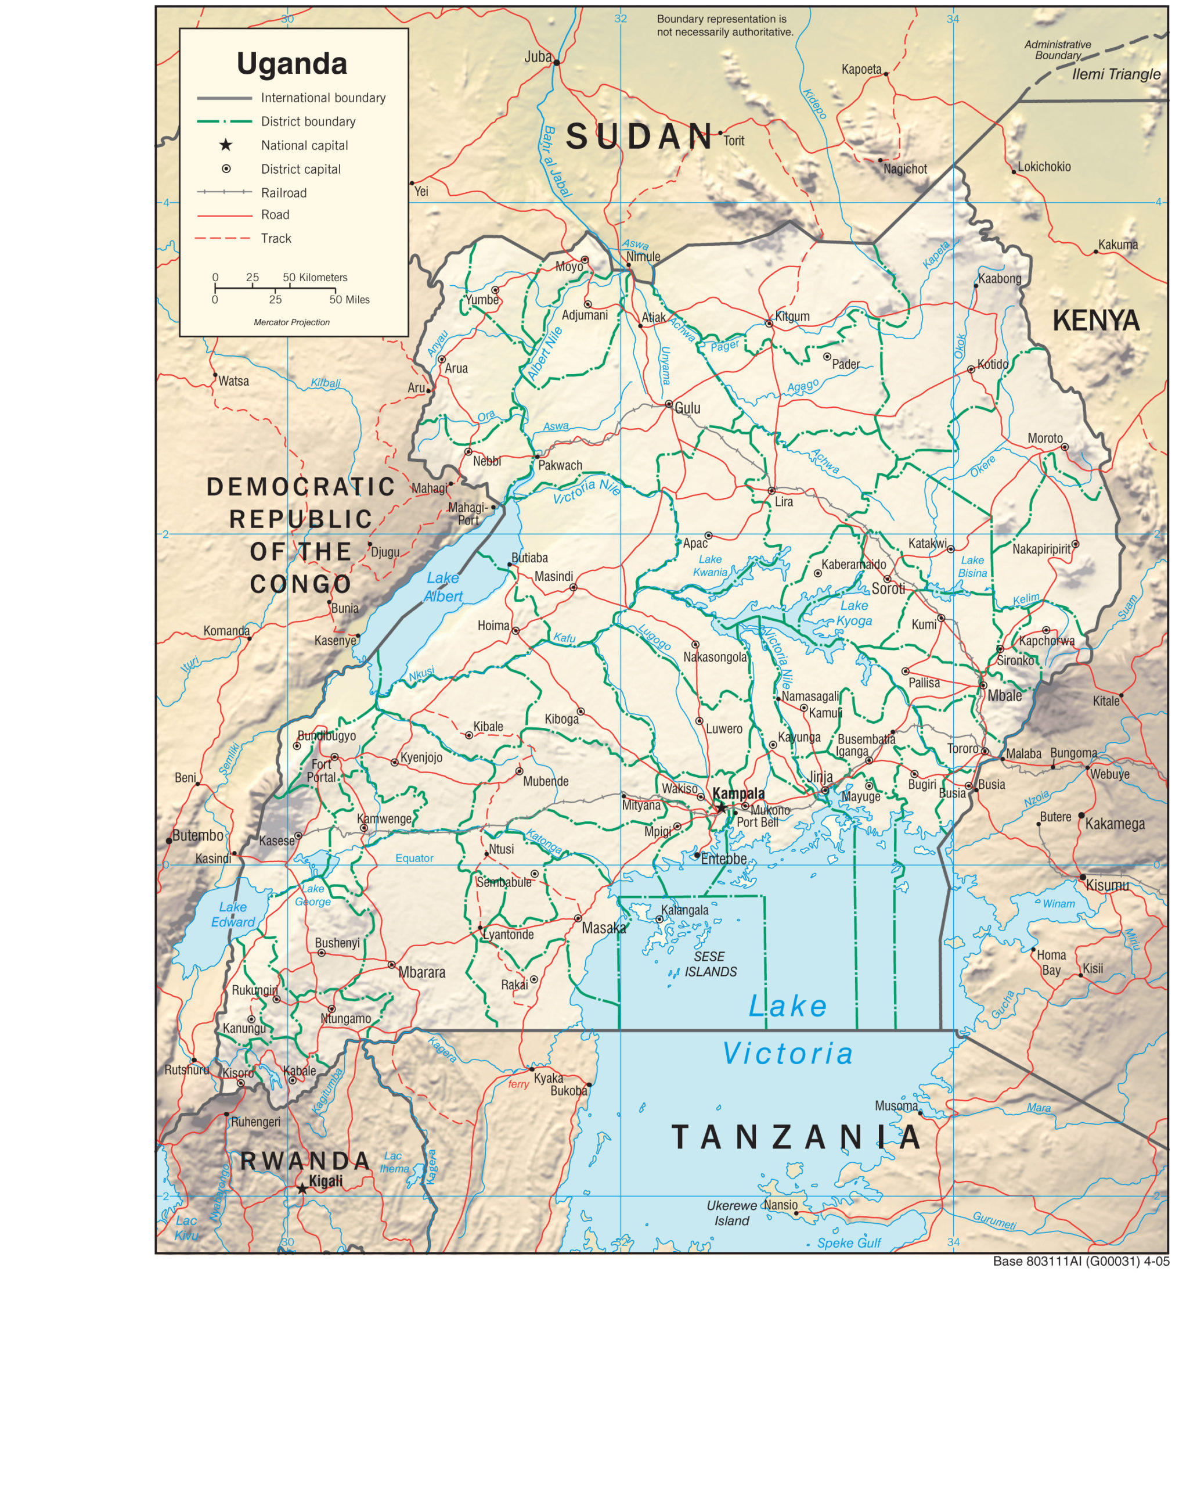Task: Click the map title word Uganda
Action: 291,63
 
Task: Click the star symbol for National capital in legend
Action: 225,145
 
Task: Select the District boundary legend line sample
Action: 224,121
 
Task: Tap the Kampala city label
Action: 738,793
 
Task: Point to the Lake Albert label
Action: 443,587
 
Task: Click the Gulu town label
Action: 687,408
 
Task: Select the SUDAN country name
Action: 640,136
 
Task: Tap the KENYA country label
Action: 1095,321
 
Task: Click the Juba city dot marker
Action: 556,62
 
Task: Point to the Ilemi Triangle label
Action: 1116,74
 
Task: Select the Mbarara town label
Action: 421,972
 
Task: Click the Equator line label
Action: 414,859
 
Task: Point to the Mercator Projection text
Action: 291,322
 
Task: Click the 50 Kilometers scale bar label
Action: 315,277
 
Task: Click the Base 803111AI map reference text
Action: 1080,1262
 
